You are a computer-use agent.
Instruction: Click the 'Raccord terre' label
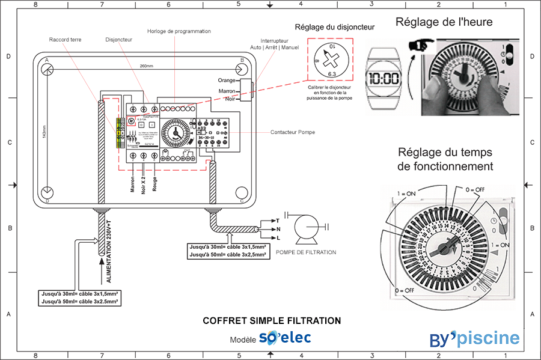[x=66, y=39]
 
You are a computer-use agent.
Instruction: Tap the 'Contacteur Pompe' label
[x=292, y=132]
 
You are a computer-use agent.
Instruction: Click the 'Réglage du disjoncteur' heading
[x=334, y=27]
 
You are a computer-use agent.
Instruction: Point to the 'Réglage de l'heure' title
[x=444, y=22]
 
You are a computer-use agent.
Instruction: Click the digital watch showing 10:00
[x=384, y=78]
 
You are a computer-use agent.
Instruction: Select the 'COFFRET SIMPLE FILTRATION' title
[x=272, y=321]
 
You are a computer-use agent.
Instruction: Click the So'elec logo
[x=285, y=338]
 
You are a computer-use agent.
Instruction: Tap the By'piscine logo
[x=474, y=338]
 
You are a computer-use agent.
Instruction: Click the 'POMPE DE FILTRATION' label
[x=305, y=252]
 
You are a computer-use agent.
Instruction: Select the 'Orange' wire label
[x=227, y=81]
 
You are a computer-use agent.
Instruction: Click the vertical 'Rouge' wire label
[x=156, y=183]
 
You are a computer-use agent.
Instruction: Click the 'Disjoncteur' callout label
[x=118, y=39]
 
